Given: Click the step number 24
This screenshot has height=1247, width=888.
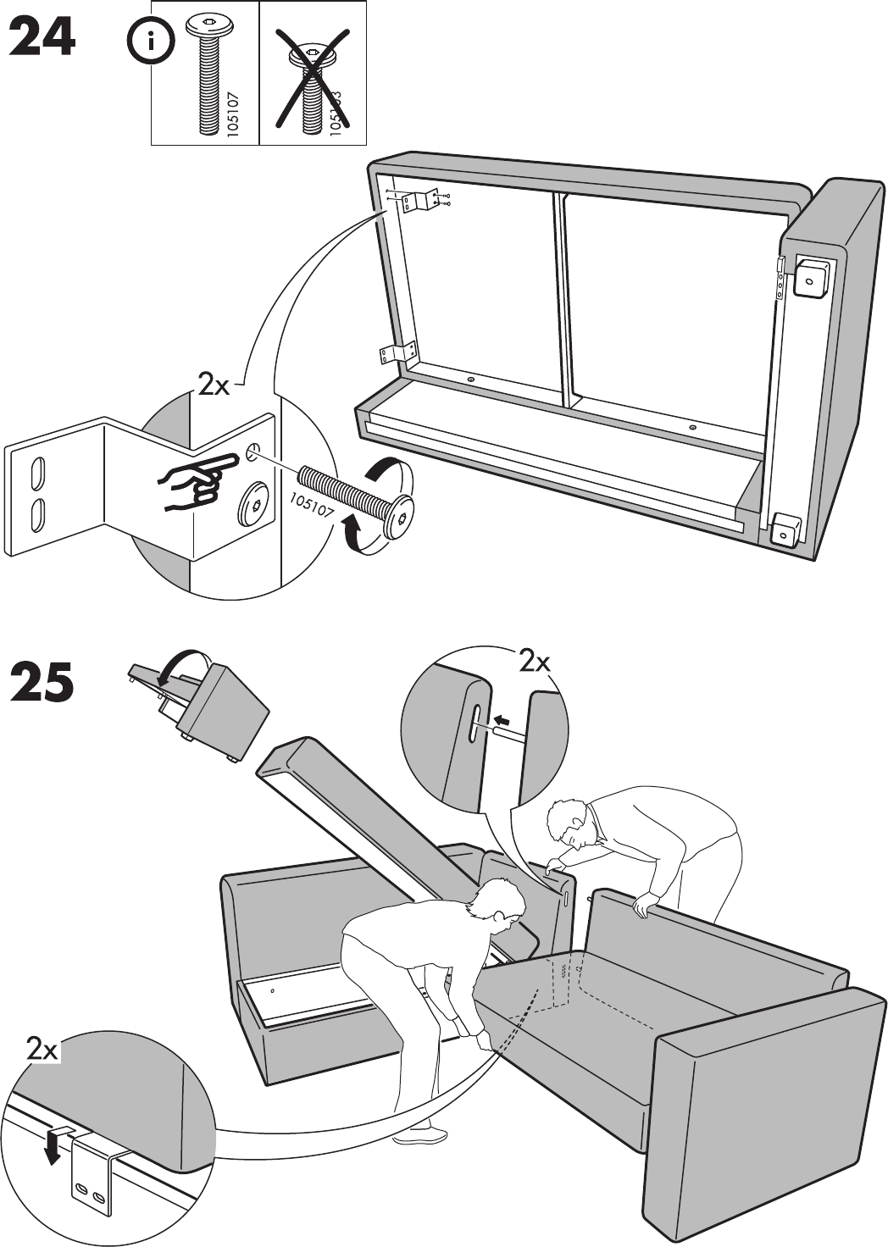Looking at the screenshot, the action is click(x=43, y=38).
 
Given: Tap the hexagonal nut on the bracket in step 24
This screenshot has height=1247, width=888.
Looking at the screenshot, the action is click(x=254, y=508).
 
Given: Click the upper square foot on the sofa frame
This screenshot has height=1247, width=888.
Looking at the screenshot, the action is click(x=808, y=278).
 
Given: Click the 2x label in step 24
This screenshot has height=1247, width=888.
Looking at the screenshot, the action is click(x=214, y=385).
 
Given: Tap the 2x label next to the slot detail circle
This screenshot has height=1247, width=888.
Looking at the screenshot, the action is click(x=535, y=661).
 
